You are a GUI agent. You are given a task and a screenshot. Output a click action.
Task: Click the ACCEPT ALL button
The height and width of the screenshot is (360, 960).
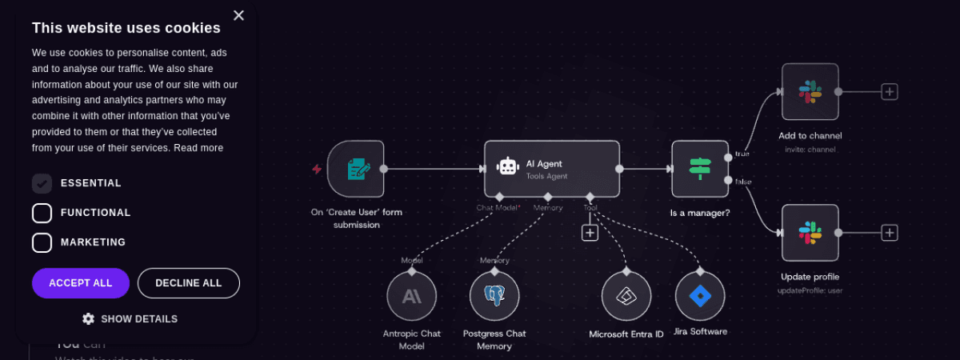tap(81, 283)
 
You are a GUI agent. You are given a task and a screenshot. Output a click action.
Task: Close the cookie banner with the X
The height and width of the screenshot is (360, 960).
tap(238, 15)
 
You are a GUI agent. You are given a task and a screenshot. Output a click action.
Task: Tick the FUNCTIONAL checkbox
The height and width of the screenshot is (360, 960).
tap(42, 213)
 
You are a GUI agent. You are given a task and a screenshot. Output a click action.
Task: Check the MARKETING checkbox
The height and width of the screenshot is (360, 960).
tap(42, 242)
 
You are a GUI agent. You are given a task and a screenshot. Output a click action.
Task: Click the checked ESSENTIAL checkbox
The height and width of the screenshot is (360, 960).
tap(42, 183)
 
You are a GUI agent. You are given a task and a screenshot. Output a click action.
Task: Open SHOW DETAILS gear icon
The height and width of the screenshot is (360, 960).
tap(88, 318)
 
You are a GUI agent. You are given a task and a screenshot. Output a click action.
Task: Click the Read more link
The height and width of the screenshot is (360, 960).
tap(198, 148)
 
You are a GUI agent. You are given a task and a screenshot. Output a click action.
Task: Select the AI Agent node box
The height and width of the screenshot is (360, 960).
tap(552, 169)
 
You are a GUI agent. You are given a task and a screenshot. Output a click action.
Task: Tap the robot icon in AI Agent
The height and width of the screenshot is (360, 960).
tap(508, 166)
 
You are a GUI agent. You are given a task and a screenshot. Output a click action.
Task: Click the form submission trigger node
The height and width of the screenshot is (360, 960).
tap(356, 169)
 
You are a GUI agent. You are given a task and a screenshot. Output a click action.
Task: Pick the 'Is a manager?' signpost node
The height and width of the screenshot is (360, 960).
tap(700, 169)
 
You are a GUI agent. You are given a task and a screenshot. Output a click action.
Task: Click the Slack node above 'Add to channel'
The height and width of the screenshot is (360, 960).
tap(810, 92)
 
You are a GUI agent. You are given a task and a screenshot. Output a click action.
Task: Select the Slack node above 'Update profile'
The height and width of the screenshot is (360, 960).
tap(810, 233)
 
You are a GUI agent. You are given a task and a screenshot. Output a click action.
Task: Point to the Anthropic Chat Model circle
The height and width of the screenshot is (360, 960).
tap(411, 296)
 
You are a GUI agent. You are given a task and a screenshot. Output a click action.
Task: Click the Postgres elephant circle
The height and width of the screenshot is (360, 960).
tap(494, 296)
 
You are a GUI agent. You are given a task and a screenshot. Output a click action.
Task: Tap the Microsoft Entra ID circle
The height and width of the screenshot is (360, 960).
tap(626, 296)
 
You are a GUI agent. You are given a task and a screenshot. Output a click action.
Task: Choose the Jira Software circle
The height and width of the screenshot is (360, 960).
tap(700, 296)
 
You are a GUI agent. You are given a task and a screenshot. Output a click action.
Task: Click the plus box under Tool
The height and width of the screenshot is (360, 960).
tap(590, 233)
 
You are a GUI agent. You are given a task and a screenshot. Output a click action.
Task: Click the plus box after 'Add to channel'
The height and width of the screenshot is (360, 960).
tap(890, 92)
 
